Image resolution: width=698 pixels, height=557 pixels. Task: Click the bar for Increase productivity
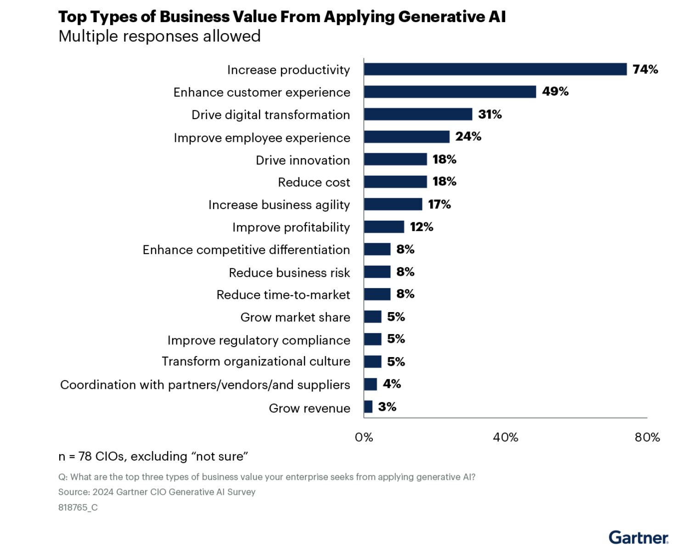click(x=495, y=69)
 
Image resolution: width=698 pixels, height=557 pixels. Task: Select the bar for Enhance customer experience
click(x=450, y=92)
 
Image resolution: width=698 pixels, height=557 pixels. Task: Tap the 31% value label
click(x=490, y=114)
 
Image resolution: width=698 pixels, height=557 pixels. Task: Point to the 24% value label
click(x=468, y=136)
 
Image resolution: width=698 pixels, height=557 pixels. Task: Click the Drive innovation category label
click(x=303, y=160)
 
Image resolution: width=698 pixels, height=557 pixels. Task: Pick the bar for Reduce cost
click(x=395, y=182)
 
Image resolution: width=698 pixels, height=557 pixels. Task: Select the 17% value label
click(x=439, y=204)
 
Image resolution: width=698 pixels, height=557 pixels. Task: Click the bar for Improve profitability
click(x=384, y=227)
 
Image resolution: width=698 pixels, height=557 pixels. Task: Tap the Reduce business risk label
click(x=289, y=273)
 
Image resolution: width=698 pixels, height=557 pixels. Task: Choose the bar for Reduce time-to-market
click(x=377, y=294)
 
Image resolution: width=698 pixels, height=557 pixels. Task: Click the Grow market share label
click(x=295, y=317)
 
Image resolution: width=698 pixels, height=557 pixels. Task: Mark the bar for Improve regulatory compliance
click(x=372, y=339)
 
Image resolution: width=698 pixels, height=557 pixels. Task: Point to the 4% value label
click(x=392, y=384)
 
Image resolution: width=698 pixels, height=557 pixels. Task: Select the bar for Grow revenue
click(x=368, y=407)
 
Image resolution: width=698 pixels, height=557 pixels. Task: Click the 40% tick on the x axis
click(x=505, y=437)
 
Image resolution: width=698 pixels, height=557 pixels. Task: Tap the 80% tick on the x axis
click(x=647, y=437)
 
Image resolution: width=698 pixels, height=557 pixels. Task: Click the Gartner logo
click(x=638, y=537)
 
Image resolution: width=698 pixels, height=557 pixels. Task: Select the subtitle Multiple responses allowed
click(x=159, y=36)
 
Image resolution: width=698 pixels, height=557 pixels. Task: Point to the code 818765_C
click(x=78, y=507)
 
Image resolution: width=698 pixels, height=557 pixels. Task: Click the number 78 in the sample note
click(x=85, y=456)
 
